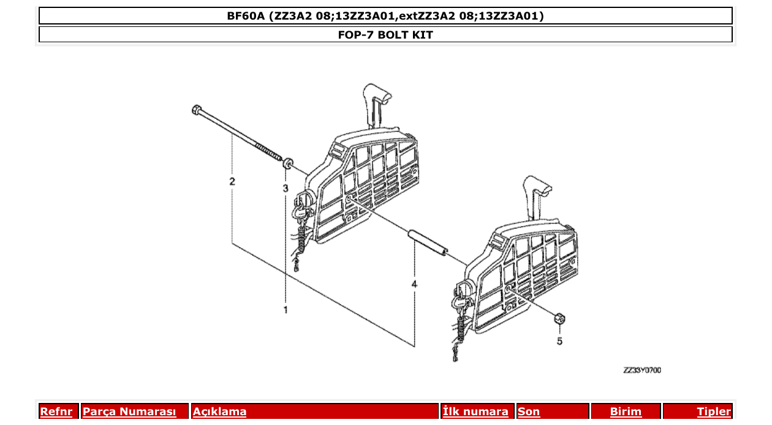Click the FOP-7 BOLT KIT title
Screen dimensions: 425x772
[385, 35]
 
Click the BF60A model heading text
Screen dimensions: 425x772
[385, 16]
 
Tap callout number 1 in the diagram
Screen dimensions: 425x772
[285, 310]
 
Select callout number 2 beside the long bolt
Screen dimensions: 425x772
[232, 181]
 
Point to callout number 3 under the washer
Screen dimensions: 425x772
[285, 188]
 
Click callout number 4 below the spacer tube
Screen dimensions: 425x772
[414, 285]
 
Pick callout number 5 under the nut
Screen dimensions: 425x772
[559, 341]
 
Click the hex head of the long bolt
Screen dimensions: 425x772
[195, 110]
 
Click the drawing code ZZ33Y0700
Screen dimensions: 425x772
[641, 370]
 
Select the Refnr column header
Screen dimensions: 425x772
[56, 412]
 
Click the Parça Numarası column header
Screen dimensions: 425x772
[129, 412]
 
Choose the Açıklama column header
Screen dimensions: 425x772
[219, 412]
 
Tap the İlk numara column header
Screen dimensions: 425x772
[475, 412]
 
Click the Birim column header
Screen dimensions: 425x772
[626, 412]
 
